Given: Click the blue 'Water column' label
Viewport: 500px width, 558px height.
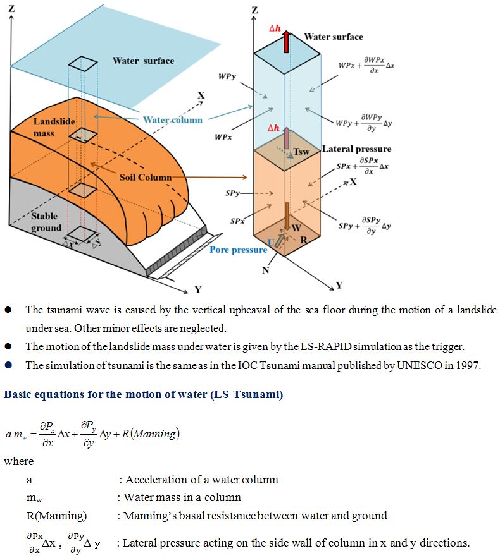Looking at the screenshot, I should coord(173,119).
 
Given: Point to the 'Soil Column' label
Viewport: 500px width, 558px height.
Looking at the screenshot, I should coord(146,178).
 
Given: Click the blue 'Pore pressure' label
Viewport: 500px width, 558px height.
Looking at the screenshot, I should coord(239,250).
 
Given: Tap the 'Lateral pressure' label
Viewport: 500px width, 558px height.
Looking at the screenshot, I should coord(356,149).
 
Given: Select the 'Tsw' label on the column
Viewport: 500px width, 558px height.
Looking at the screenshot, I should coord(301,152).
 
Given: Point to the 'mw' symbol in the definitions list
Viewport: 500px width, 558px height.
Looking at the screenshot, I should coord(33,498).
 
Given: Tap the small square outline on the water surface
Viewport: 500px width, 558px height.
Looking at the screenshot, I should coord(84,63).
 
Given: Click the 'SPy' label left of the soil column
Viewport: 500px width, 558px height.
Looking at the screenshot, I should coord(232,193).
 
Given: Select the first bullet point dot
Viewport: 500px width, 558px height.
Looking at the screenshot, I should coord(8,310).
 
